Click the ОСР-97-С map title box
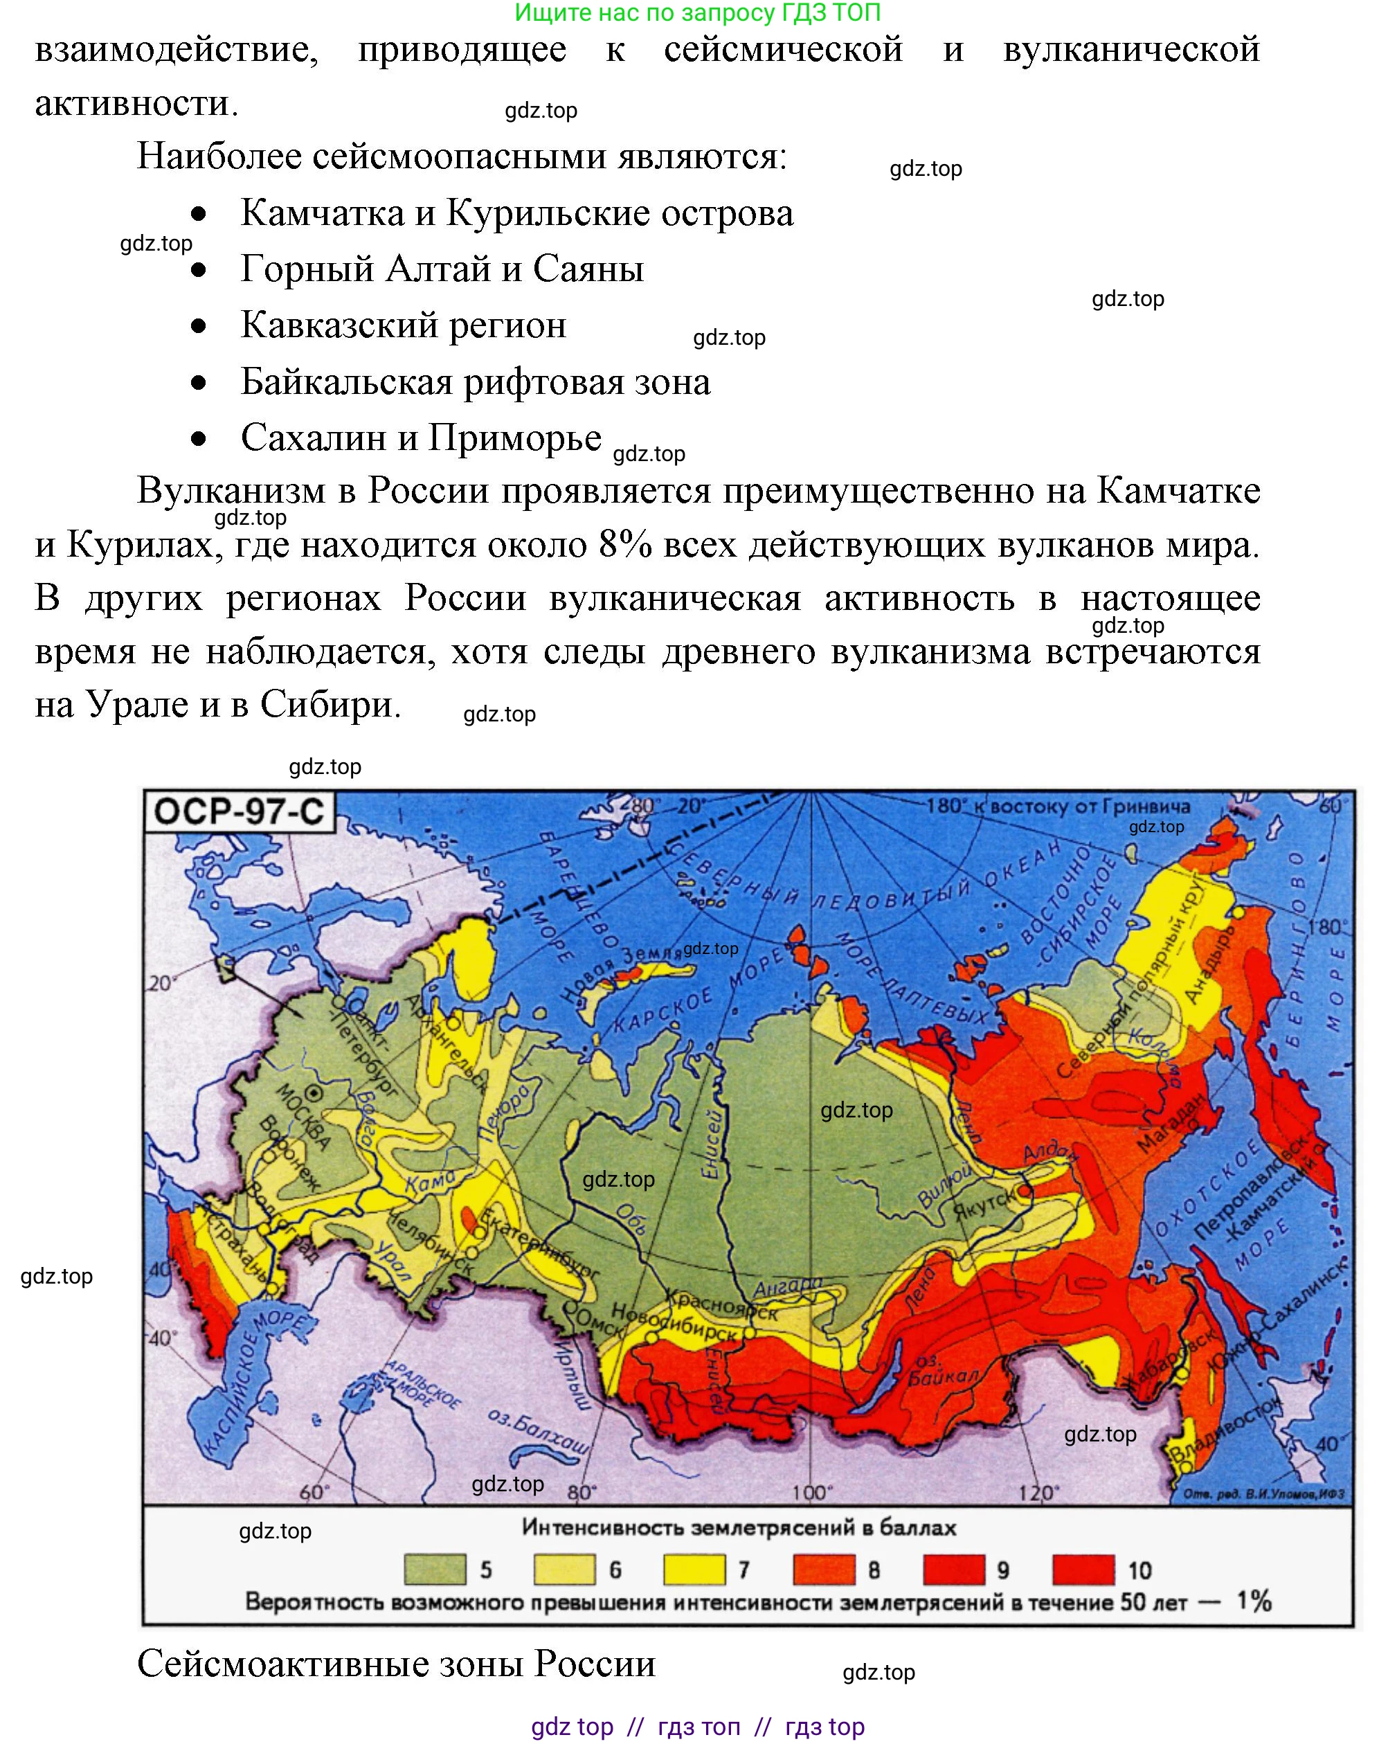point(239,811)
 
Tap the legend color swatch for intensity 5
point(435,1570)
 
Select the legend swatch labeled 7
point(694,1570)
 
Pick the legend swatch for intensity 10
point(1083,1570)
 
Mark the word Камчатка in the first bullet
point(322,213)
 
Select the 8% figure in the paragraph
point(625,544)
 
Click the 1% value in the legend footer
point(1254,1601)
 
